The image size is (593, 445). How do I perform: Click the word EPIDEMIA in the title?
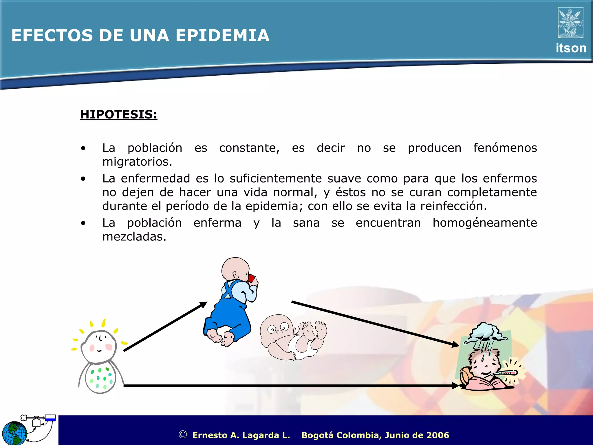click(x=222, y=35)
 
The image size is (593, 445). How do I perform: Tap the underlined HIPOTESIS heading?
click(x=118, y=114)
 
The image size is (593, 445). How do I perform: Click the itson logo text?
click(x=571, y=48)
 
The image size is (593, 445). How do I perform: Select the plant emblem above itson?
click(x=570, y=23)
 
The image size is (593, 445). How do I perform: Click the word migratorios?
click(x=137, y=162)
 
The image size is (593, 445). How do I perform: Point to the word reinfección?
click(x=453, y=206)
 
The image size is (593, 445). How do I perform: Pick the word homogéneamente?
click(x=485, y=223)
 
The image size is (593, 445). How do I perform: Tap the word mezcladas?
click(x=134, y=237)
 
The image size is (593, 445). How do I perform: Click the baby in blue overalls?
click(x=230, y=304)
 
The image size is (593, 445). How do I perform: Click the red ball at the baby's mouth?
click(x=251, y=278)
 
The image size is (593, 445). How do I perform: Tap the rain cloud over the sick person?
click(x=485, y=333)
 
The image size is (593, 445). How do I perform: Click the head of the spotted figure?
click(x=99, y=346)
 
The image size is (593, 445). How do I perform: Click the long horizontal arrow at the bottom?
click(x=290, y=386)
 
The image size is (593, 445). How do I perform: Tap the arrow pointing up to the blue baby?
click(x=165, y=327)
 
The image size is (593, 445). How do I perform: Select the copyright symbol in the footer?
click(x=183, y=434)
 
